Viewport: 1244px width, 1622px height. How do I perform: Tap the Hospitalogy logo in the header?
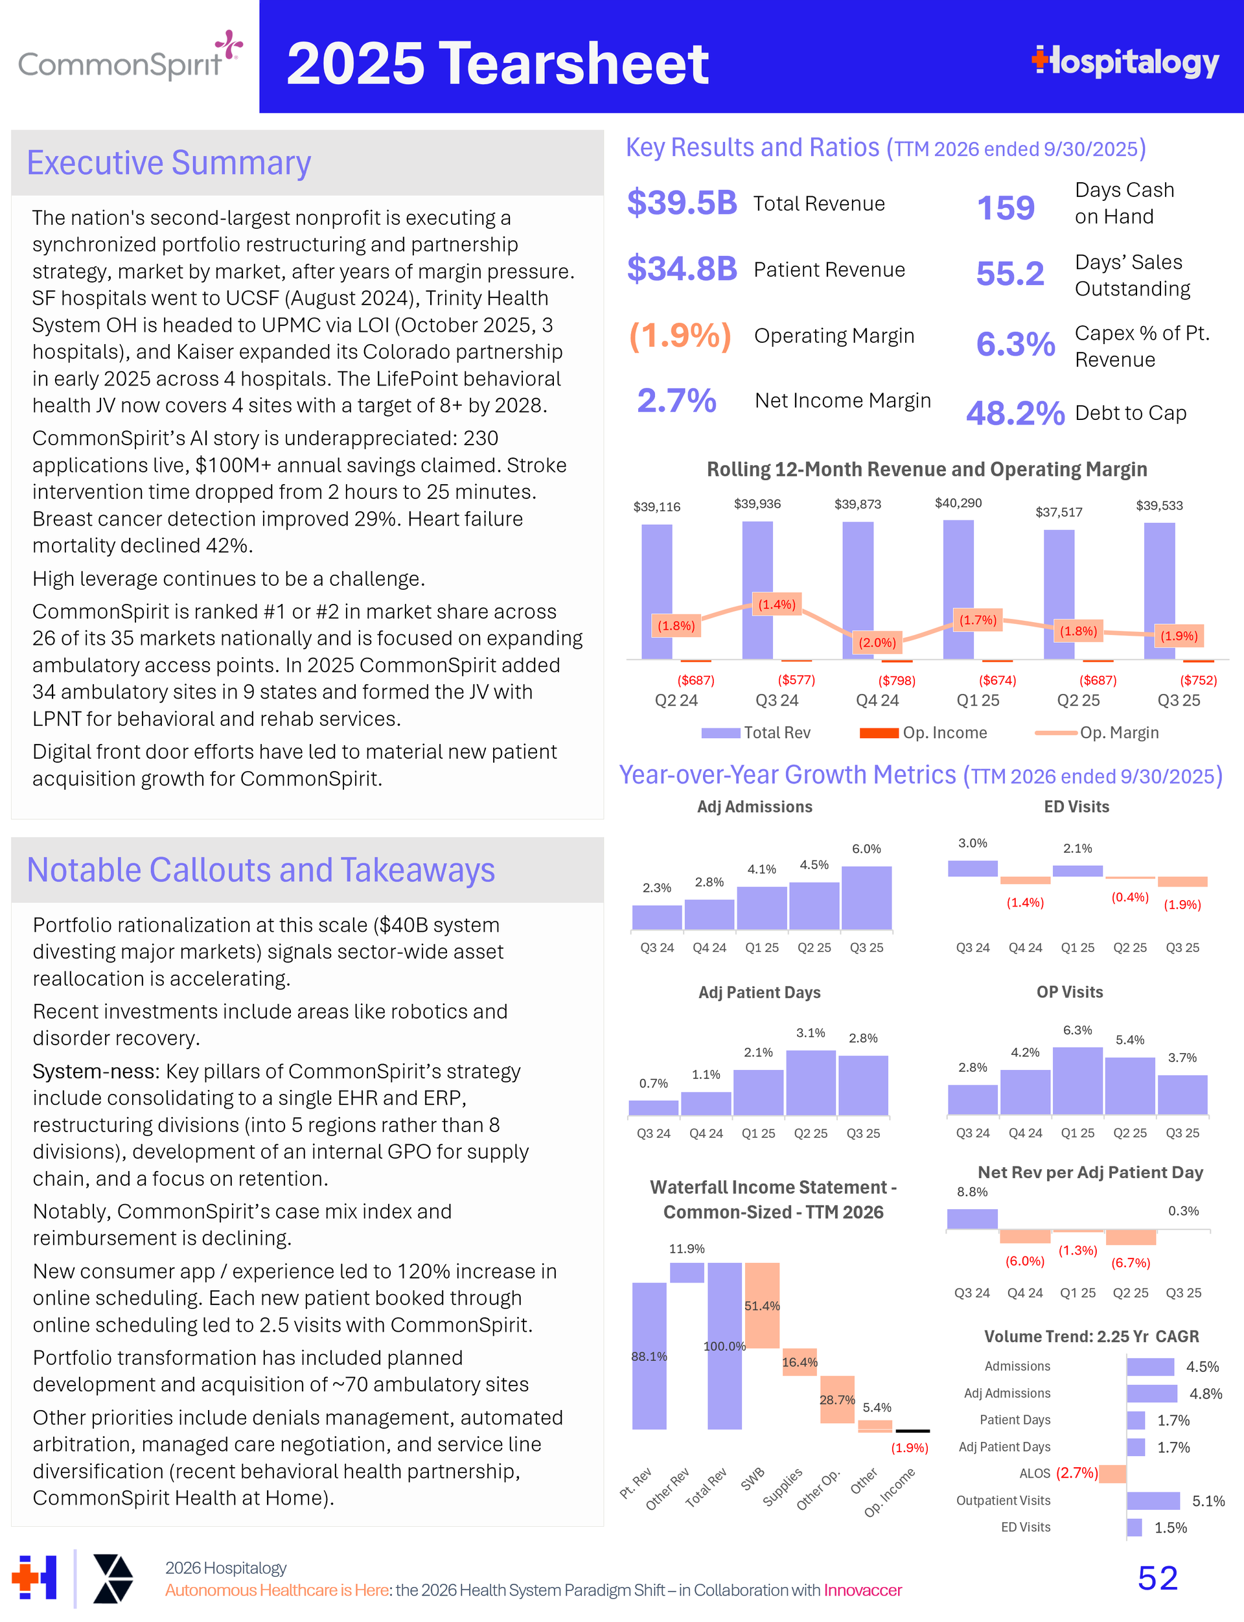1125,62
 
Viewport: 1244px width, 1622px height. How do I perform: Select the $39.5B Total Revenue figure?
681,203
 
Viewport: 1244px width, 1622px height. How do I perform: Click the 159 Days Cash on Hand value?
1005,207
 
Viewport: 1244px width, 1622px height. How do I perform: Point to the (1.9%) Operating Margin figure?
680,336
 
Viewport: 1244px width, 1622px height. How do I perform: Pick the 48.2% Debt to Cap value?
1015,413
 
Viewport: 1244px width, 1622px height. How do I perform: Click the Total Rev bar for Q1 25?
958,589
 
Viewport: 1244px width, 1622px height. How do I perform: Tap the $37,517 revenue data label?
1058,512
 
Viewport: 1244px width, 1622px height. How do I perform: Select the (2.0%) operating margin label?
877,642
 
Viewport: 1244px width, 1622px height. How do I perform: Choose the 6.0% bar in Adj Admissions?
866,898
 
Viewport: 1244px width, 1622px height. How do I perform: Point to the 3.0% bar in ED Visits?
973,868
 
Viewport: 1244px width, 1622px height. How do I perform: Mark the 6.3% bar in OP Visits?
1077,1080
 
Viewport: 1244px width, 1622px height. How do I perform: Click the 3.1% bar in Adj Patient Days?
811,1082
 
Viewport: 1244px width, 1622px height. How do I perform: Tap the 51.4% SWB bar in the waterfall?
762,1305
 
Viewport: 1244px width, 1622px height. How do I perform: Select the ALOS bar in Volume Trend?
1112,1473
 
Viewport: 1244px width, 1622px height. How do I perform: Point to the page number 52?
1157,1577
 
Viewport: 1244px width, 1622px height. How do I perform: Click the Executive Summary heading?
169,163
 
